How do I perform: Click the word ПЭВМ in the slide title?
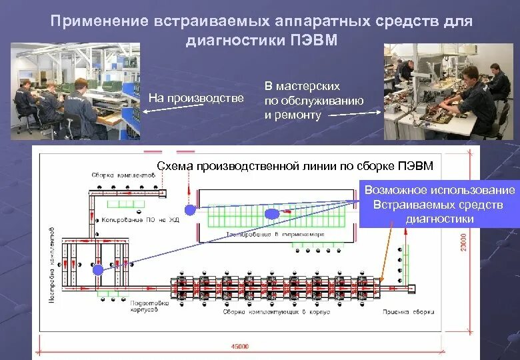coord(313,41)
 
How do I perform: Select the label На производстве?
coord(196,99)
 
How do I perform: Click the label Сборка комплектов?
coord(124,175)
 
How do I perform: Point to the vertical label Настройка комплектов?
coord(53,263)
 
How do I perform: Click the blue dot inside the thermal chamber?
coord(271,214)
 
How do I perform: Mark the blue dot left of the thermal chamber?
coord(190,209)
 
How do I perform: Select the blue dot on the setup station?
coord(98,269)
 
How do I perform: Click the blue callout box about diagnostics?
coord(439,205)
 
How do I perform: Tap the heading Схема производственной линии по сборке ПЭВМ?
coord(294,166)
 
